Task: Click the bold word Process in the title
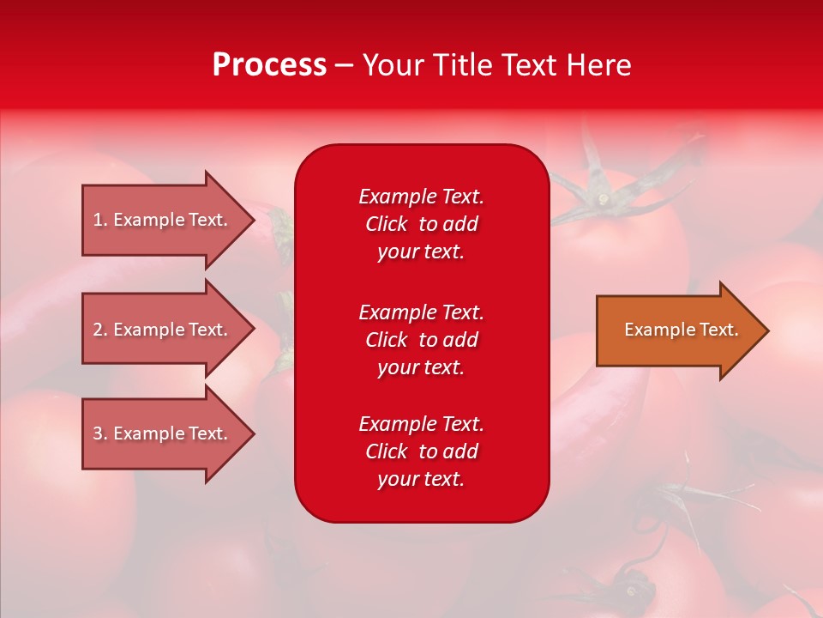tap(269, 65)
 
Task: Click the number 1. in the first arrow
tap(100, 220)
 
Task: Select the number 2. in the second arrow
tap(100, 330)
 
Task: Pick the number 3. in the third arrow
tap(100, 433)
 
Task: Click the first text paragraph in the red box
tap(421, 224)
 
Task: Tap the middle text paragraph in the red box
tap(421, 340)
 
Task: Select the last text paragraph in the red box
tap(421, 451)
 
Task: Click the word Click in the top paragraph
tap(386, 224)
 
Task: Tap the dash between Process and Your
tap(344, 66)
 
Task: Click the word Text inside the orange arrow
tap(718, 330)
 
